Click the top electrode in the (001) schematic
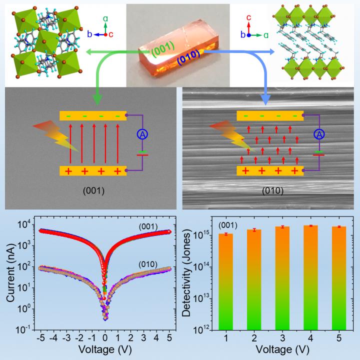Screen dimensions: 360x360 coord(90,115)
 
